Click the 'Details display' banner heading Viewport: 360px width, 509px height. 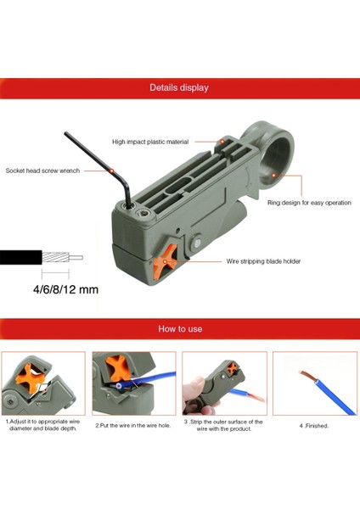click(x=179, y=87)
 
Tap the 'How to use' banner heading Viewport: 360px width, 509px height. click(x=179, y=328)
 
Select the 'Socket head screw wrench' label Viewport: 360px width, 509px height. click(x=42, y=171)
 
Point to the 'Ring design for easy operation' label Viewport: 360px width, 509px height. click(x=309, y=203)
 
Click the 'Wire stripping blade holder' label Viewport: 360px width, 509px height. click(x=263, y=261)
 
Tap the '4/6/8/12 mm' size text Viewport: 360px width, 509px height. click(x=65, y=289)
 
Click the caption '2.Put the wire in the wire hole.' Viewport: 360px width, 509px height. click(x=133, y=425)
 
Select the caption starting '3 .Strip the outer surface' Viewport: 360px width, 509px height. click(x=223, y=425)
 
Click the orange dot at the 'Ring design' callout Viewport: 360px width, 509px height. click(x=281, y=176)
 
